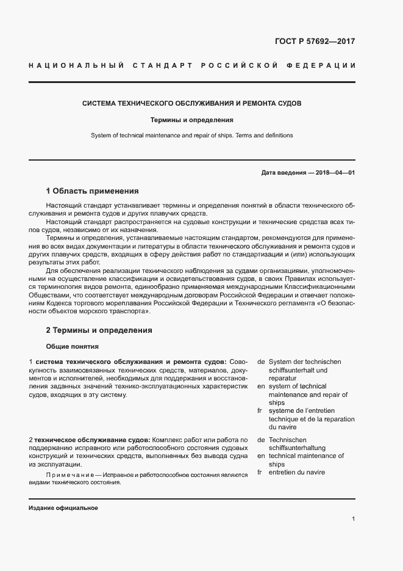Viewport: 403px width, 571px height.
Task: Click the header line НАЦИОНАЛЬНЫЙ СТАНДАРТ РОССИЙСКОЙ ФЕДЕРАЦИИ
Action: pyautogui.click(x=192, y=65)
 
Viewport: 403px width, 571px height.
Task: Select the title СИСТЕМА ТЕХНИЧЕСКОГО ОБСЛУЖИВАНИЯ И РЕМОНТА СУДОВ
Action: pyautogui.click(x=192, y=103)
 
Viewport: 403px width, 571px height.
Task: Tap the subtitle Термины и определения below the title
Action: pyautogui.click(x=192, y=120)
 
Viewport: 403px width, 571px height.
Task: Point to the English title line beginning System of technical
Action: pyautogui.click(x=192, y=135)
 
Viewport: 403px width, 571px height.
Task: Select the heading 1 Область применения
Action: pyautogui.click(x=92, y=191)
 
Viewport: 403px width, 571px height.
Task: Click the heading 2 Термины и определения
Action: pyautogui.click(x=99, y=330)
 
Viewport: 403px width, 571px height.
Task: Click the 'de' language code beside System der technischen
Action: pyautogui.click(x=261, y=362)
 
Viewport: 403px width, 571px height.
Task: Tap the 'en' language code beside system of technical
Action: pyautogui.click(x=261, y=386)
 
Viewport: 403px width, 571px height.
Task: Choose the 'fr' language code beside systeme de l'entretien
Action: pyautogui.click(x=261, y=410)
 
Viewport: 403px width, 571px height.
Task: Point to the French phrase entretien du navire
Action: pyautogui.click(x=296, y=472)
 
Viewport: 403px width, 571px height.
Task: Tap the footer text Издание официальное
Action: pyautogui.click(x=63, y=508)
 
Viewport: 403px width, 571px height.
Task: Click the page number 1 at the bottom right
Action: pyautogui.click(x=353, y=519)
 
